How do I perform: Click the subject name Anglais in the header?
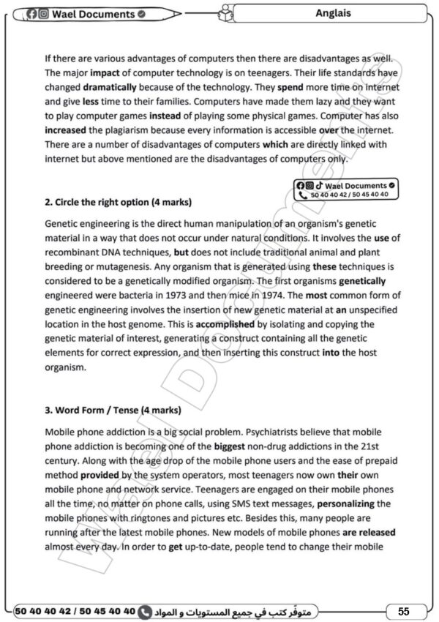pos(333,13)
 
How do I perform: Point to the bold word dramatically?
pos(100,86)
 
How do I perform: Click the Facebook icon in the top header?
pos(31,14)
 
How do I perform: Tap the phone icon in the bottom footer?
pos(145,610)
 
